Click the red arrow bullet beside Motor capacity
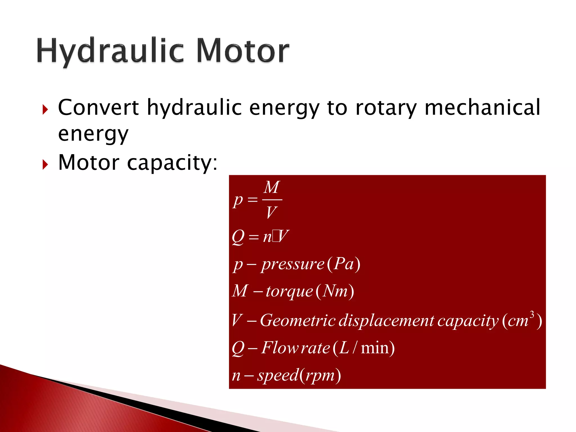pos(45,164)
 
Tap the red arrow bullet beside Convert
pos(45,109)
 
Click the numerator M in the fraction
pos(271,187)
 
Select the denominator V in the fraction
pos(271,212)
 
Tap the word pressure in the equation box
pos(293,264)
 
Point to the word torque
pos(289,291)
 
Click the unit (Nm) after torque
pos(335,291)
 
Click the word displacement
pos(386,321)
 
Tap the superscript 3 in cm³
pos(532,314)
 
